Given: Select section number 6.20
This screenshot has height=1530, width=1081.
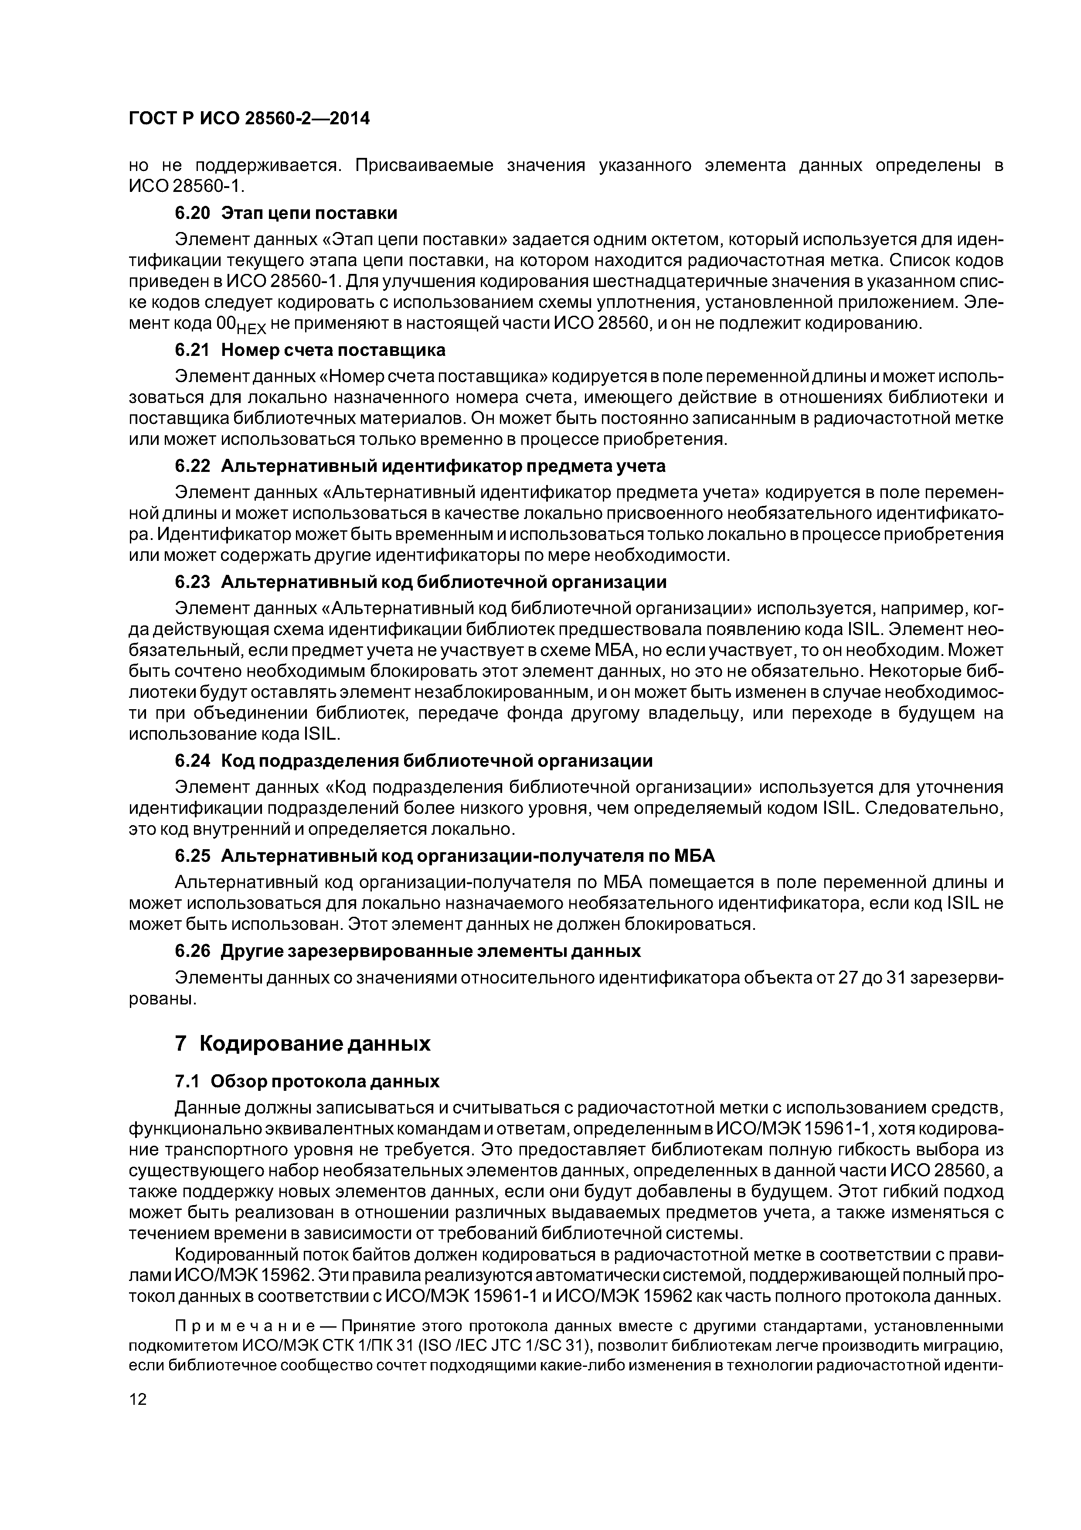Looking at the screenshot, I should pos(193,213).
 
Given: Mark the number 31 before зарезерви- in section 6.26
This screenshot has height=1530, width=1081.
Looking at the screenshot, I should pos(897,978).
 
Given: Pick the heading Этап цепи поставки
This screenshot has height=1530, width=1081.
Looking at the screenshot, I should pos(309,213).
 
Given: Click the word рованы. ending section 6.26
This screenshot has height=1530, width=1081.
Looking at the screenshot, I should pos(163,1000).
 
